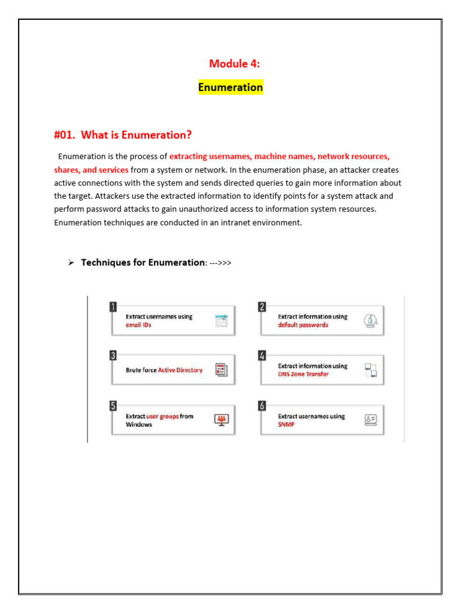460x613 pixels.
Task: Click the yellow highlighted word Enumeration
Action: click(231, 87)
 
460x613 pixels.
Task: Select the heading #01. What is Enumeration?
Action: click(123, 134)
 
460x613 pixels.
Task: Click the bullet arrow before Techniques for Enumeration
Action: click(70, 263)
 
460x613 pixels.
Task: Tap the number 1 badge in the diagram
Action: click(113, 307)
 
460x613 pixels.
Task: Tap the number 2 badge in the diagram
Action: click(262, 307)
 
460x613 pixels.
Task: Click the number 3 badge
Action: click(113, 356)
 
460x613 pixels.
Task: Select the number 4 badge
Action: click(262, 356)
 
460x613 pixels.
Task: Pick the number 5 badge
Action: click(113, 406)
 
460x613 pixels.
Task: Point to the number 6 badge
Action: click(262, 406)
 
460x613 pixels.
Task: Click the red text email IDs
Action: click(138, 325)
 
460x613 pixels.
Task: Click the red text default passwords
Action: click(302, 325)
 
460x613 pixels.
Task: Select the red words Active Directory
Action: click(180, 370)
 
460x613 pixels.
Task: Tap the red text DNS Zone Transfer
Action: click(303, 374)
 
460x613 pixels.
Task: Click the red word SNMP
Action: click(286, 424)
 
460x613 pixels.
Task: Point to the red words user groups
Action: click(162, 416)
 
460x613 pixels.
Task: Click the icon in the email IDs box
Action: click(222, 320)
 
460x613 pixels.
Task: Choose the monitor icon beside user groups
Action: click(222, 420)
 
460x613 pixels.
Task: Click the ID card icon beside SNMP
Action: click(371, 420)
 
